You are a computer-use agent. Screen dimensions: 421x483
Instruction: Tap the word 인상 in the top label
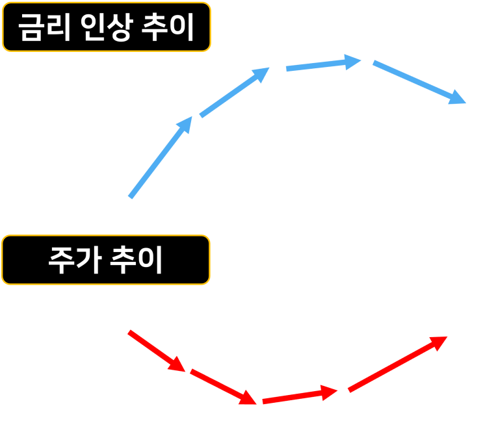coord(107,27)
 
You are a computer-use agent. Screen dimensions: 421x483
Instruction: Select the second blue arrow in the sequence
coord(231,95)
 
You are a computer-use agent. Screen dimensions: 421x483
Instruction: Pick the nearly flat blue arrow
coord(319,65)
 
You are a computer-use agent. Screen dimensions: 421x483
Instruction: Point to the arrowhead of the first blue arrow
coord(186,123)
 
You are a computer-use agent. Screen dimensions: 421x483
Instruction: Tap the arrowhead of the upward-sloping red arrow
coord(439,342)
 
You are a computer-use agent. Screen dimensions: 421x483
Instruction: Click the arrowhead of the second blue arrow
coord(261,74)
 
